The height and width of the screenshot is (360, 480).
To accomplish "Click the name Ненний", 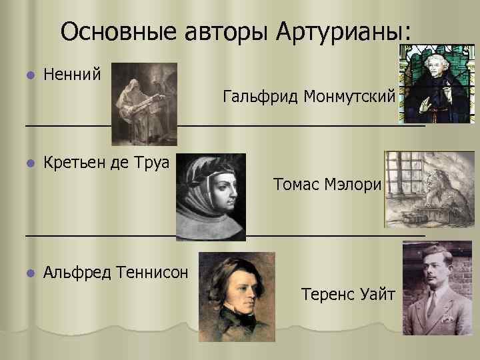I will pos(71,73).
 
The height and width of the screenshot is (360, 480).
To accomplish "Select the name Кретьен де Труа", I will pos(106,163).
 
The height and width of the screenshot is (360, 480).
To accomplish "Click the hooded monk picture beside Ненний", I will pos(144,103).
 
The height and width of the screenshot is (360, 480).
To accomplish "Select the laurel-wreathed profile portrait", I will pos(210,197).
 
